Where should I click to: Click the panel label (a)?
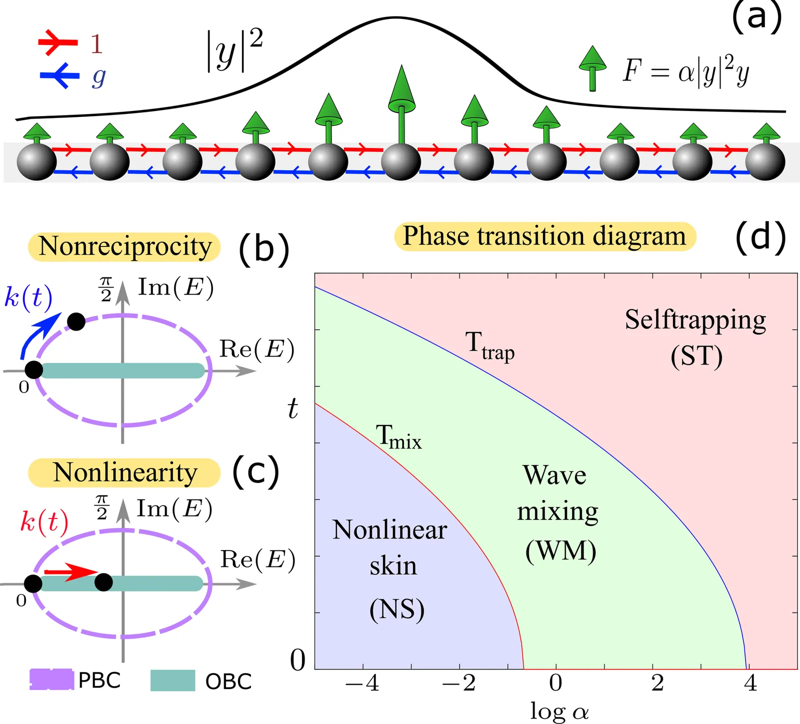coord(756,16)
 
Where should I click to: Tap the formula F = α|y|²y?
coord(685,72)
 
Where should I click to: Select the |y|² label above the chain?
coord(234,50)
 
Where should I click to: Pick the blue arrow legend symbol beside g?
coord(59,75)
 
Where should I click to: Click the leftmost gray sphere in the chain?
coord(36,161)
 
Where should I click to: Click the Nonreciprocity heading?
coord(124,246)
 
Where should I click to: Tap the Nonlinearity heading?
coord(124,472)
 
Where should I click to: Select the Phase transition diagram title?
coord(545,236)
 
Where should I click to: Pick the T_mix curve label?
coord(398,436)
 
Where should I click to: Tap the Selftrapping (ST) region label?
coord(695,337)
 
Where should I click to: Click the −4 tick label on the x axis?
coord(362,683)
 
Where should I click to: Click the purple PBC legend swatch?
coord(52,680)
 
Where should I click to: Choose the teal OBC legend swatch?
coord(172,680)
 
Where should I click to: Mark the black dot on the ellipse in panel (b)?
coord(76,321)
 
